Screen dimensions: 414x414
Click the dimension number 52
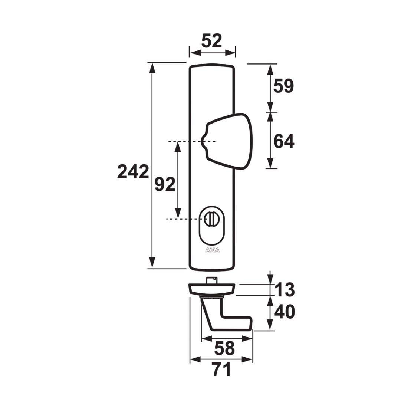(212, 41)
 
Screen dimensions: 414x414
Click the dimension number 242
(133, 172)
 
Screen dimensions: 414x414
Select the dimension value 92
(165, 184)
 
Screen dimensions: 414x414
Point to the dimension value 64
(284, 141)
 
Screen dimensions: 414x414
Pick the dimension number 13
(285, 289)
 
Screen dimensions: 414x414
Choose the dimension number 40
(285, 312)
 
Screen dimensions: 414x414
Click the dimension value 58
(224, 348)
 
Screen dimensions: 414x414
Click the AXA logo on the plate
(212, 250)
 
